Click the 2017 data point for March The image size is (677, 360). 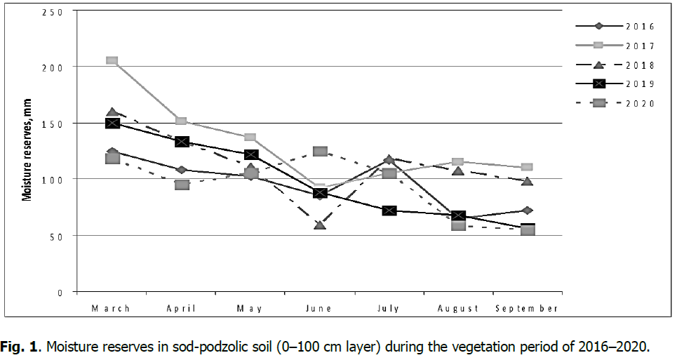112,60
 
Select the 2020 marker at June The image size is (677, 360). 320,152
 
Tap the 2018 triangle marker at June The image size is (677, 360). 320,225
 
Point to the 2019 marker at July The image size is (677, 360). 389,211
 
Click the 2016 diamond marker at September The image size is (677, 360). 528,211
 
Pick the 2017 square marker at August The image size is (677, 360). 458,162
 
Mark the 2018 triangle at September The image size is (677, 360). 528,181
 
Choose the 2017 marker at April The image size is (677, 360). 181,121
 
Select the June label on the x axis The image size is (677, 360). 320,309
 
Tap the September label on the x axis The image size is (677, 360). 528,309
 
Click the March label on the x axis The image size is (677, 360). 112,309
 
